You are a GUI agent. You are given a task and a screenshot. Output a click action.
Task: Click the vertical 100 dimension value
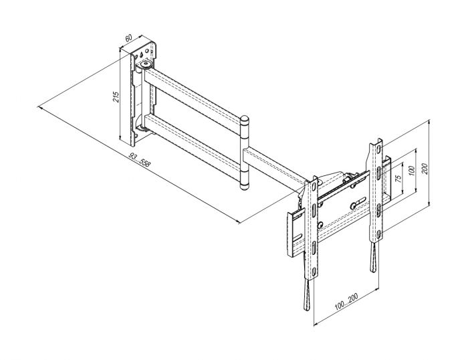412,171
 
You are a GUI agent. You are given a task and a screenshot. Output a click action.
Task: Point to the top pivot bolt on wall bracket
144,66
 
